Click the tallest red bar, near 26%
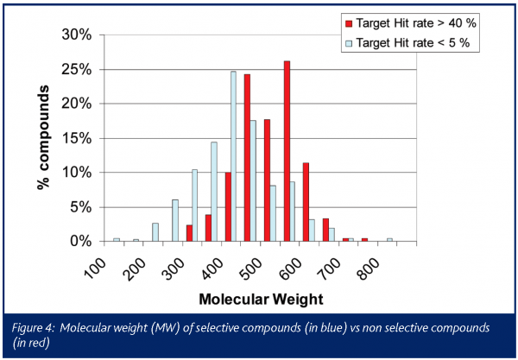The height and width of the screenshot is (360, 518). pyautogui.click(x=287, y=151)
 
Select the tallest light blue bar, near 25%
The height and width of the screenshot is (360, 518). pyautogui.click(x=233, y=156)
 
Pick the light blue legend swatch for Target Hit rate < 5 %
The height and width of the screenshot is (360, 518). pyautogui.click(x=350, y=41)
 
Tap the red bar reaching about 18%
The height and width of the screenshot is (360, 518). pyautogui.click(x=267, y=180)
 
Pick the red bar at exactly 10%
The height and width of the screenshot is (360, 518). pyautogui.click(x=228, y=207)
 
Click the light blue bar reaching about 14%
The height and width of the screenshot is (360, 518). pyautogui.click(x=214, y=192)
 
